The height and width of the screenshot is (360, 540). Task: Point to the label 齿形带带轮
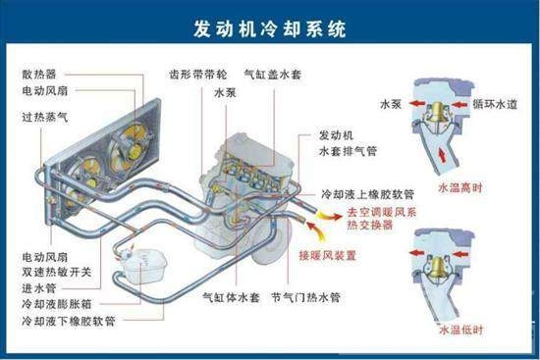pyautogui.click(x=193, y=74)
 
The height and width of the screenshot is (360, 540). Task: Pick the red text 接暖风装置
pyautogui.click(x=331, y=256)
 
